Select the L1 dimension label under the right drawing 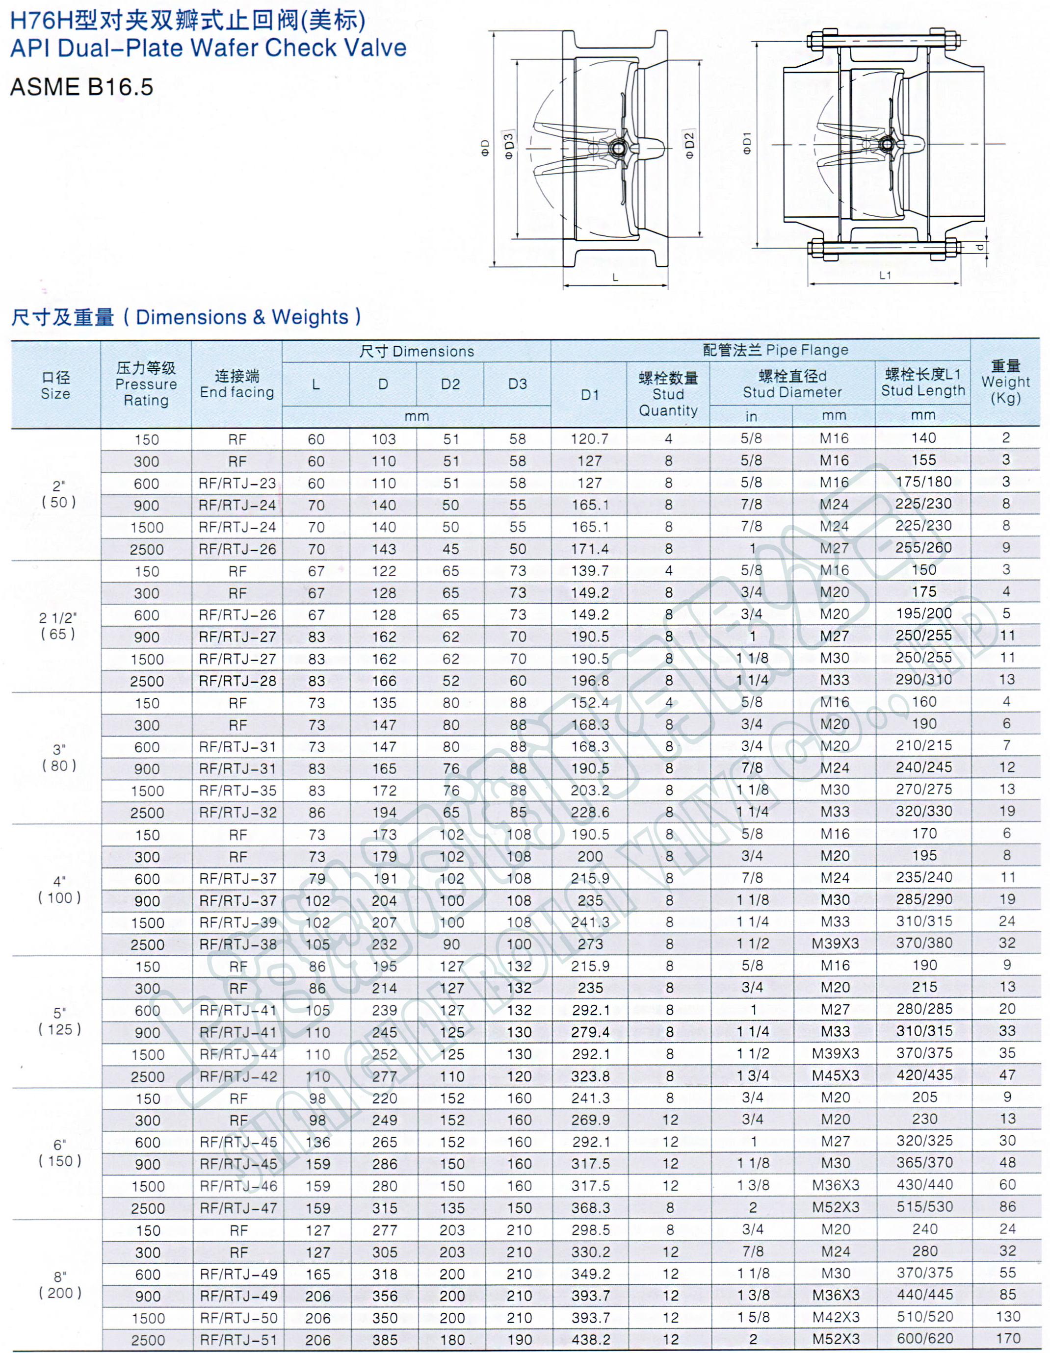885,275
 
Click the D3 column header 517,384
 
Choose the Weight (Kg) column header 1005,382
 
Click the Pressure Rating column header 146,384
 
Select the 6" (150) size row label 59,1152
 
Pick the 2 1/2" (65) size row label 57,626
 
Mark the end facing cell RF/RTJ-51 238,1339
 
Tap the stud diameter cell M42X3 836,1317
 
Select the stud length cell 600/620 924,1338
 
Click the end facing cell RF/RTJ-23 237,483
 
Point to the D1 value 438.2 590,1339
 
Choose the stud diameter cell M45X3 836,1075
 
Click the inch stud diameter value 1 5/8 753,1317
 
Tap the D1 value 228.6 590,812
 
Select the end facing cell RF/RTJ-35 238,791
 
